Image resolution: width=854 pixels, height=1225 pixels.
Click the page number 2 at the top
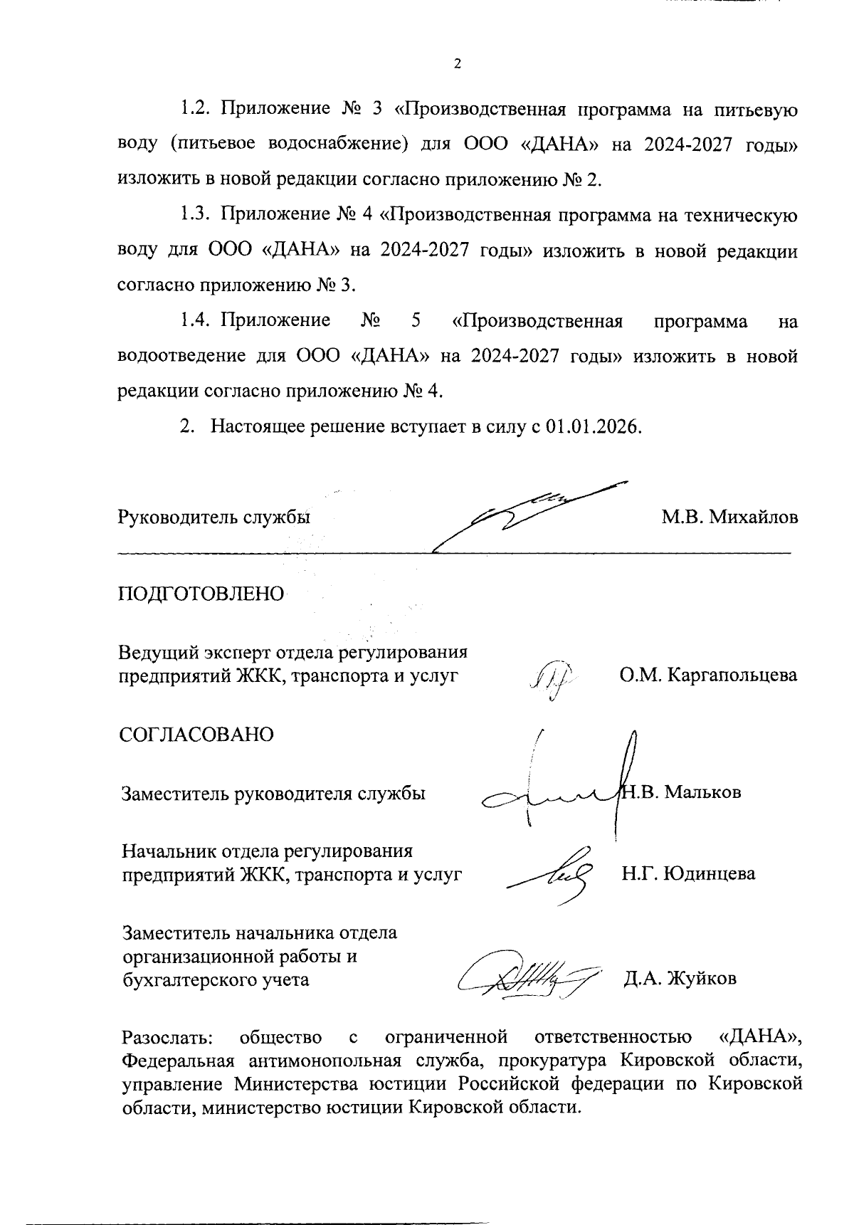click(458, 64)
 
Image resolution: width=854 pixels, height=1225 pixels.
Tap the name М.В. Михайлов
click(729, 517)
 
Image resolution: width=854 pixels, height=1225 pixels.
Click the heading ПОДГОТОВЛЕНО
click(201, 594)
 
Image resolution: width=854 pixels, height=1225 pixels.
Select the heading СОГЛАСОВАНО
click(196, 734)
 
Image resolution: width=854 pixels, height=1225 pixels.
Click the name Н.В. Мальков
click(682, 792)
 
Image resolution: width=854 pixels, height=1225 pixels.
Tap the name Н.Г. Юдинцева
click(688, 873)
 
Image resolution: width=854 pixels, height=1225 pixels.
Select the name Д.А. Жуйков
click(680, 978)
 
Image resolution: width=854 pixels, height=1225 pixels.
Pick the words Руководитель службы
click(213, 517)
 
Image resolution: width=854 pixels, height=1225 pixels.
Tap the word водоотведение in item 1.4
click(181, 356)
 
